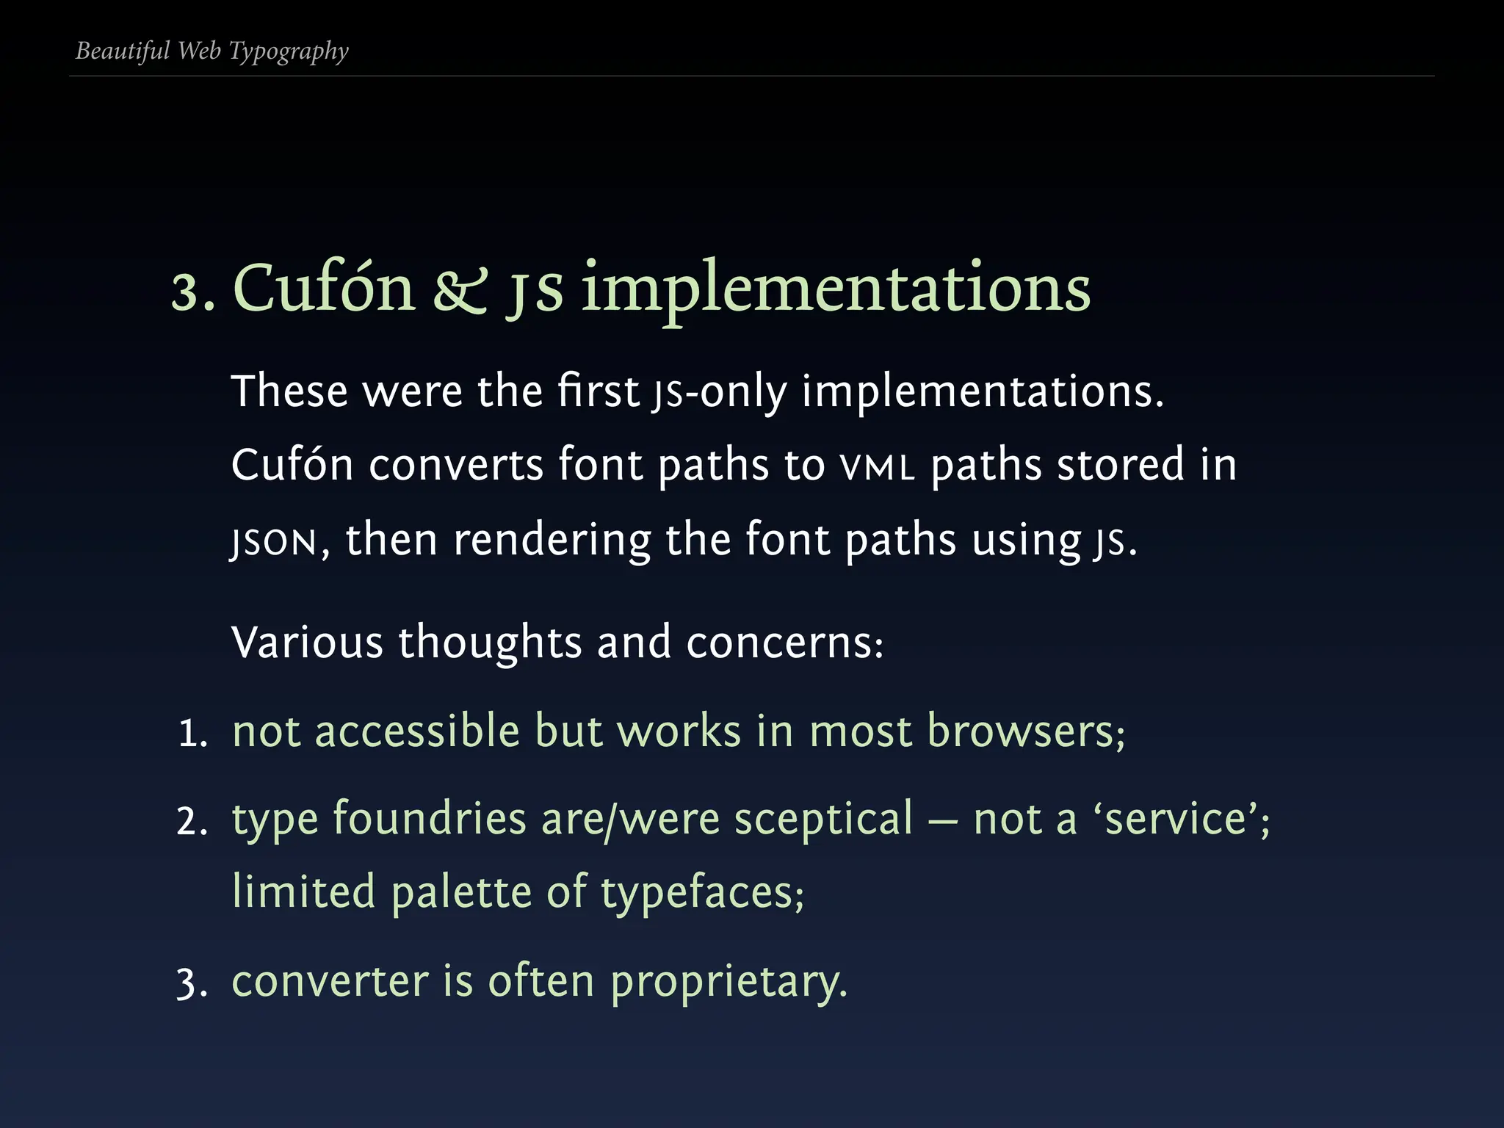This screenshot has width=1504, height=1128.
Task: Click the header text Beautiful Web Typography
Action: [x=211, y=51]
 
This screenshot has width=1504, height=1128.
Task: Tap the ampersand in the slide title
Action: [x=460, y=289]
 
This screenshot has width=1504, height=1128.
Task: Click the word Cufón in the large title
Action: [x=324, y=288]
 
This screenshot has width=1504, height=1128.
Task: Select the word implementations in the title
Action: [x=836, y=289]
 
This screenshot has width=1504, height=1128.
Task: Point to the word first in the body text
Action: [x=598, y=391]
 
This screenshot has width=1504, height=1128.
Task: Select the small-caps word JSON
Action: [x=274, y=542]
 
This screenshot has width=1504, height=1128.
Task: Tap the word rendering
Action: [x=552, y=540]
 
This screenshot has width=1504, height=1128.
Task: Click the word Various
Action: [x=307, y=643]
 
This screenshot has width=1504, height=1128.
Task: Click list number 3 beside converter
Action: [x=192, y=983]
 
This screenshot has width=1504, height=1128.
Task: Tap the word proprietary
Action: [x=728, y=983]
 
